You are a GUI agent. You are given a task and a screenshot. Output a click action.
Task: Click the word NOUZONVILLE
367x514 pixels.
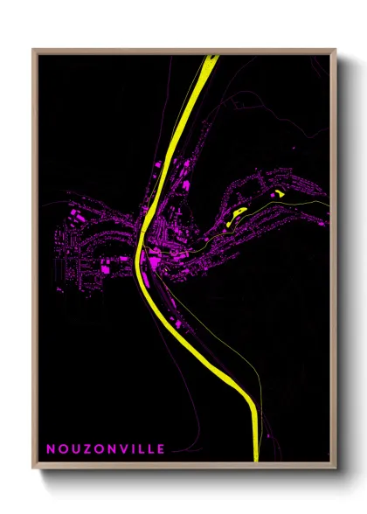tap(105, 448)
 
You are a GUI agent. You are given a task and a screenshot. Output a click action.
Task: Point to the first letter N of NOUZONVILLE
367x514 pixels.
tap(51, 448)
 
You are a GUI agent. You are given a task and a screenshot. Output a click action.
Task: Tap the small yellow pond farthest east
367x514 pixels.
tap(279, 191)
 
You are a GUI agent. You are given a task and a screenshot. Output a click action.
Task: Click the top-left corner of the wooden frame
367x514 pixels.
tap(33, 50)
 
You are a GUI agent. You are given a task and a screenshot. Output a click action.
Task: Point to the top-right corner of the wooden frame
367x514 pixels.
tap(336, 50)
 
